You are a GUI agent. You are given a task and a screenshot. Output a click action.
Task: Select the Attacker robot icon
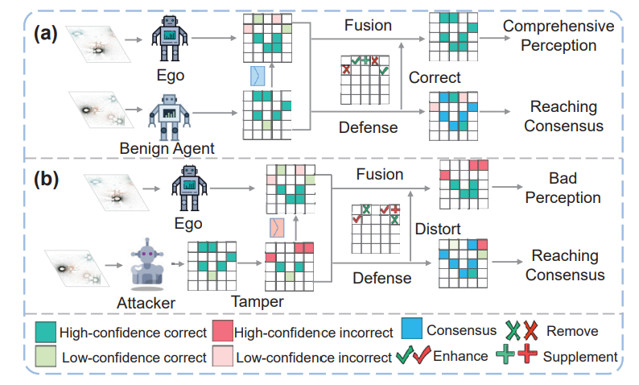(148, 262)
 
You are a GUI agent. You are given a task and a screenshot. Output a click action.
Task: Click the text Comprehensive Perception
(558, 35)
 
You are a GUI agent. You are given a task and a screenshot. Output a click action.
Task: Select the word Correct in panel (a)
(435, 78)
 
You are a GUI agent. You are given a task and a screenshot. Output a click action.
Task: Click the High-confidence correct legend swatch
(45, 331)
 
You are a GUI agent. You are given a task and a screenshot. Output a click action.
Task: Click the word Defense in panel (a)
(368, 126)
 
